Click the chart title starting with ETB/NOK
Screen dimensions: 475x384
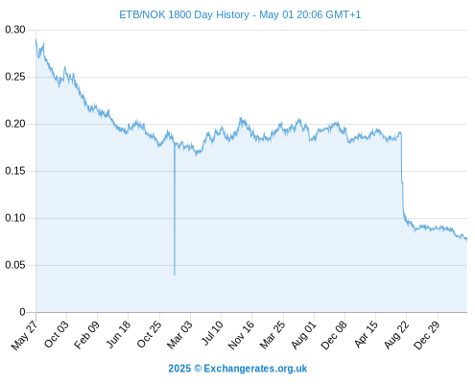[x=240, y=14]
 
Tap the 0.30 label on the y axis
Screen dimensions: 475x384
[x=15, y=30]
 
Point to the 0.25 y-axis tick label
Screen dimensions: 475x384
[x=15, y=77]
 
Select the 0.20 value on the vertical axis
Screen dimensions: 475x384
[x=15, y=124]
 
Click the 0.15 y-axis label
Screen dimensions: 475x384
[x=15, y=171]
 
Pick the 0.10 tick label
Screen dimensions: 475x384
[x=15, y=218]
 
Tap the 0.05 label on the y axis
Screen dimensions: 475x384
[x=15, y=265]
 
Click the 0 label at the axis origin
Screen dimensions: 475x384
[x=22, y=312]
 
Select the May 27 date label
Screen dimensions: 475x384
[x=24, y=335]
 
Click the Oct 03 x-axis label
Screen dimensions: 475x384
[x=57, y=334]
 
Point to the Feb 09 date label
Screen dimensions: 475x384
[x=86, y=334]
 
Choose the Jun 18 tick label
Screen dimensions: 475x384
[x=118, y=334]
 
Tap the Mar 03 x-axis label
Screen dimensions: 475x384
[x=179, y=334]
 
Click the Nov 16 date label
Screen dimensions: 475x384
[x=241, y=335]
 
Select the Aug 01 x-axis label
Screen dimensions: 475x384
[x=303, y=335]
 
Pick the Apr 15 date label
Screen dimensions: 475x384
[x=366, y=334]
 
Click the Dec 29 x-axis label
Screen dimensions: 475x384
[x=426, y=335]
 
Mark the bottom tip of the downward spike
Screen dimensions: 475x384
[x=175, y=275]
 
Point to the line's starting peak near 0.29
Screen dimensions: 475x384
[x=36, y=39]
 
